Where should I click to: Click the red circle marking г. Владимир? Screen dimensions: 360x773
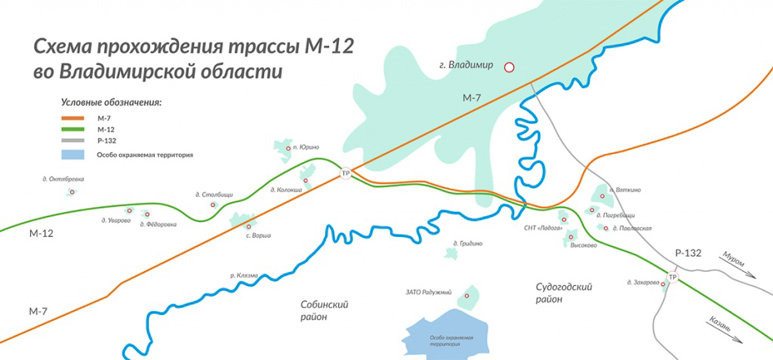click(509, 66)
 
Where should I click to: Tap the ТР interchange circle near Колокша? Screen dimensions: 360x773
click(346, 173)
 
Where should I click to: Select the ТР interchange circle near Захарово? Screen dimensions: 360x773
click(673, 278)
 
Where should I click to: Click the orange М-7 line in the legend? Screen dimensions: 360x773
click(73, 118)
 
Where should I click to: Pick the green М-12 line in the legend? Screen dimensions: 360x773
click(73, 129)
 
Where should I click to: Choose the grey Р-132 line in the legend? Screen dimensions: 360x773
click(73, 140)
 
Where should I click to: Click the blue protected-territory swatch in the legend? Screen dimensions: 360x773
click(73, 155)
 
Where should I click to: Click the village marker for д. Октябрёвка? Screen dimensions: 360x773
click(72, 192)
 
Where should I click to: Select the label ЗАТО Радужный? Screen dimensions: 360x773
click(428, 292)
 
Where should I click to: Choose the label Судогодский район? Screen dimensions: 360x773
click(564, 293)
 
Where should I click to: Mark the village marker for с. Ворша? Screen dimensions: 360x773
click(249, 226)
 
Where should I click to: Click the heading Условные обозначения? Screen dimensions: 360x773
click(111, 102)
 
